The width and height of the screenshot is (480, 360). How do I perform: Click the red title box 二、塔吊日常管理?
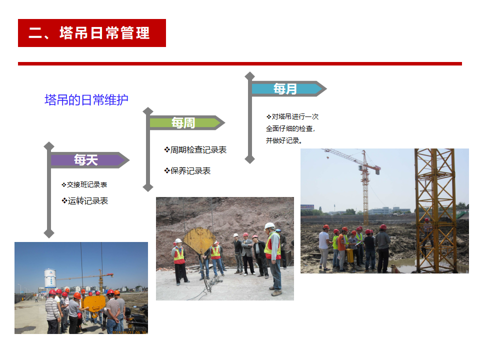(x=92, y=33)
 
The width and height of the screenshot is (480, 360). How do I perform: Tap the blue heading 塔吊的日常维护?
(x=86, y=100)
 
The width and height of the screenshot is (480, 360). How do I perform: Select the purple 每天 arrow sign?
(x=89, y=160)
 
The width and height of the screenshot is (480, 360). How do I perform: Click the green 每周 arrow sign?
(x=187, y=123)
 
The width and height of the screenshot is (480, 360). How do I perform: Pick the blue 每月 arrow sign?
(x=289, y=89)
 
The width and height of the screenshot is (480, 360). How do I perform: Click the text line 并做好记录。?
(x=284, y=140)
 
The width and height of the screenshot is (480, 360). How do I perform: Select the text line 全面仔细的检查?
(x=290, y=128)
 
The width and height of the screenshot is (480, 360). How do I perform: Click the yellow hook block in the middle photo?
(x=199, y=240)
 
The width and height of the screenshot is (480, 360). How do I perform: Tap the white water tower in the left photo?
(x=50, y=278)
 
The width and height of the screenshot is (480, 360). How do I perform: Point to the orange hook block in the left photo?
(x=94, y=304)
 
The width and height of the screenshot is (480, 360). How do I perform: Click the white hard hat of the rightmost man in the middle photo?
(x=269, y=226)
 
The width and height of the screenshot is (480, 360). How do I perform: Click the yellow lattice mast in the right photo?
(x=435, y=210)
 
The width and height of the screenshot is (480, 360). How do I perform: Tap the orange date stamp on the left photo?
(x=129, y=332)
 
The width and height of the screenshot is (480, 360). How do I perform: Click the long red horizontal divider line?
(x=240, y=63)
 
